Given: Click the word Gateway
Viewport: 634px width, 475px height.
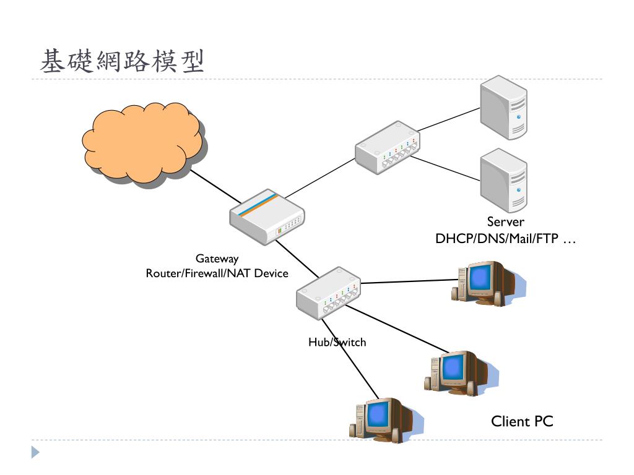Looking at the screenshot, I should click(217, 259).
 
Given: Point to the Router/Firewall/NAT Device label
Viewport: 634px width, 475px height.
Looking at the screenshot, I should click(217, 273).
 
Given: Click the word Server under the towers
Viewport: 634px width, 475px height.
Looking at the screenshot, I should click(505, 222).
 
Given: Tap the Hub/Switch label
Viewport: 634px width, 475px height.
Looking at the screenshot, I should click(337, 342).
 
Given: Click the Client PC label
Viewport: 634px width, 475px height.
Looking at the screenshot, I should click(522, 422).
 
